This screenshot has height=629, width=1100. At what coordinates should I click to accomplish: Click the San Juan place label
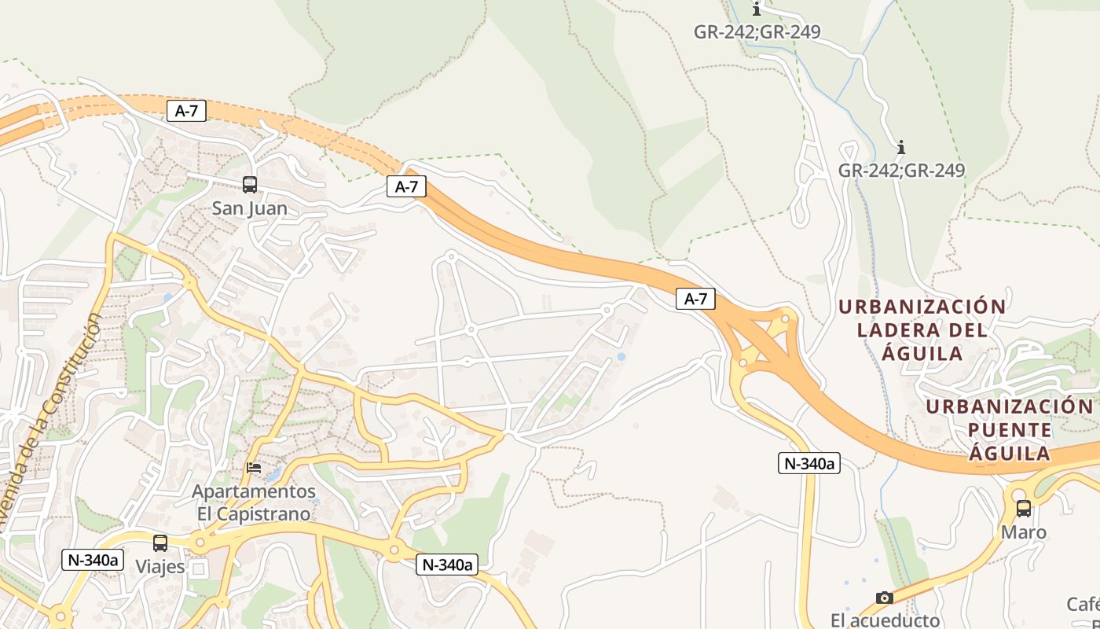tap(250, 209)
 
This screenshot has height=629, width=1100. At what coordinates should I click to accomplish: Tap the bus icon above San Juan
tap(250, 185)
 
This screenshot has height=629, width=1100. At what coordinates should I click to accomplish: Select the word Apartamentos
tap(254, 492)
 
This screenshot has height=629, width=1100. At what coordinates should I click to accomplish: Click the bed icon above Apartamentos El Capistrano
tap(254, 467)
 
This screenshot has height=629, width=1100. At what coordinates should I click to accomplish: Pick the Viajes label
tap(159, 567)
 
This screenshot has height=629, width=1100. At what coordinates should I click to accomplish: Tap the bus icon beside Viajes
tap(160, 543)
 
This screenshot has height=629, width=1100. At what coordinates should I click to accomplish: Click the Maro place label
tap(1023, 532)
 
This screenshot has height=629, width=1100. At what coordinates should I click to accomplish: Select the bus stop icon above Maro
tap(1023, 508)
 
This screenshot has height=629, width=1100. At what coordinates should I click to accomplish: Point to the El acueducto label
tap(885, 620)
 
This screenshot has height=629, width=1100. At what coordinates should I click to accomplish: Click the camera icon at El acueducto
tap(885, 598)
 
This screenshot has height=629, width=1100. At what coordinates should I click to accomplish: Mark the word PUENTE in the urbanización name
tap(1010, 430)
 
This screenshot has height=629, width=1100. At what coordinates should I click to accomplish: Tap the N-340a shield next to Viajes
tap(93, 560)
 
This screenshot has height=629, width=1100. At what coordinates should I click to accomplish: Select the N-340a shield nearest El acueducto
tap(810, 464)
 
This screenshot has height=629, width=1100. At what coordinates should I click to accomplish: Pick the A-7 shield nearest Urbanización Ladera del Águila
tap(696, 299)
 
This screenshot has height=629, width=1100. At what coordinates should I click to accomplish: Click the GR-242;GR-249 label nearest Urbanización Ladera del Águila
tap(901, 171)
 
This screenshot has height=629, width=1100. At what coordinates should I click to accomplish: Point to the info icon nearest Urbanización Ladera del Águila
tap(901, 147)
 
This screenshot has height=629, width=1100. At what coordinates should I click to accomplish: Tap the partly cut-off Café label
tap(1083, 605)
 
